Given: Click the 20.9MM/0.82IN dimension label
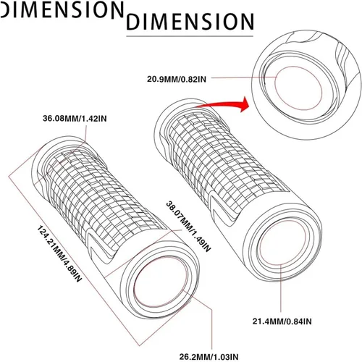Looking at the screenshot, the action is pos(177,79).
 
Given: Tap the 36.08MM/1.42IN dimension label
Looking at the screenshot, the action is pos(75,119).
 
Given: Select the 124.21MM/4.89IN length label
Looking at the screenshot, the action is pos(59,253).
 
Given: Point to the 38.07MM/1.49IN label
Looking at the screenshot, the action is pos(189,227).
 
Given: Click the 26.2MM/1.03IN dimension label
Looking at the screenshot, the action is pos(209,357).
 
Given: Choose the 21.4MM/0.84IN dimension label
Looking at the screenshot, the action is pos(282,321).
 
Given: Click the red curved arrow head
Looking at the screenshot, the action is pos(245,104).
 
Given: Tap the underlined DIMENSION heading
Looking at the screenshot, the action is pos(190,22).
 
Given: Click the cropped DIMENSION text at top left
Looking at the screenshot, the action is pos(62,9).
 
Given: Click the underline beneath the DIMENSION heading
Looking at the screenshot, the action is pos(190,36).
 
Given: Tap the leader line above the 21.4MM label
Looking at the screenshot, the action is pos(281,288).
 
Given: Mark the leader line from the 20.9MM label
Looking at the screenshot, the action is pos(244,77).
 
